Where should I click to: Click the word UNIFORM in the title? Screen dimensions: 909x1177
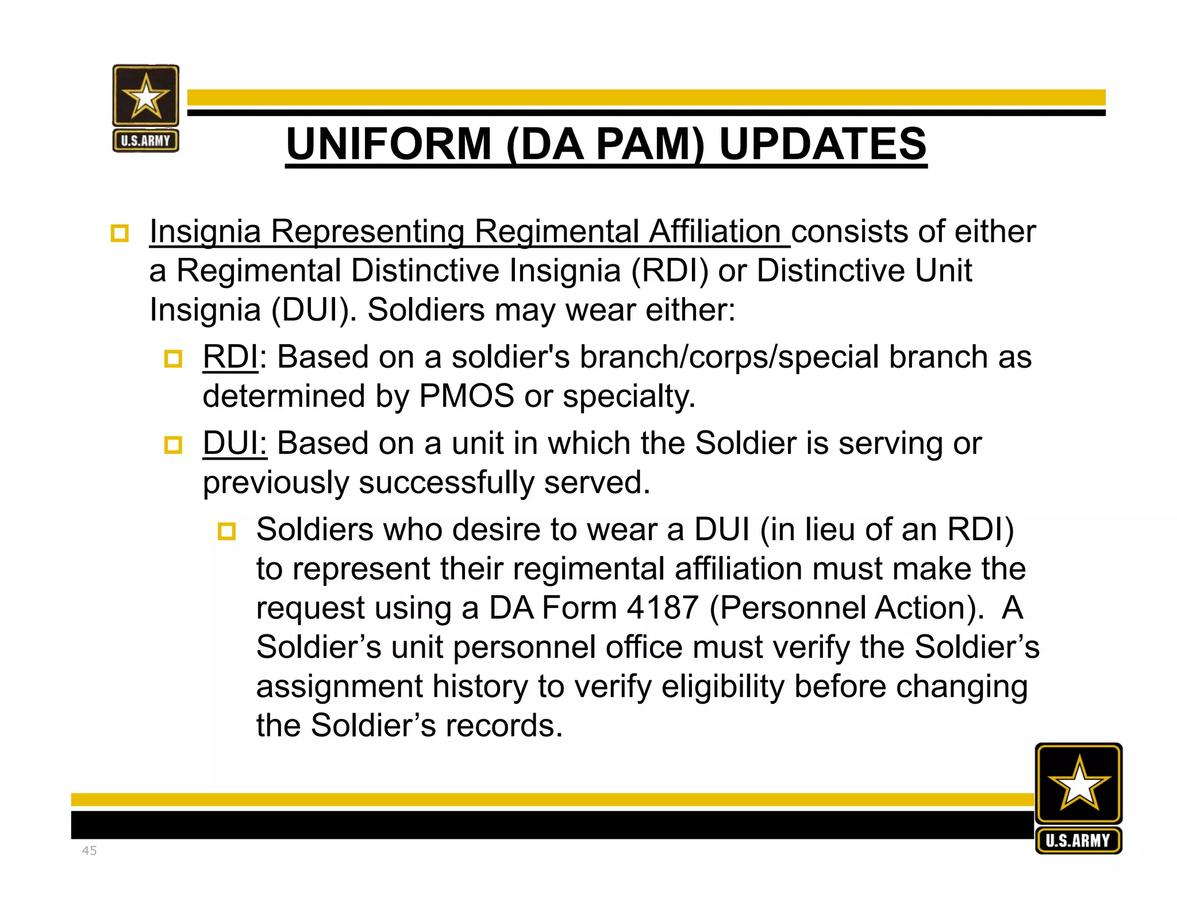tap(389, 144)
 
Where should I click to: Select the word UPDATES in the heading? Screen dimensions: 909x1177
tap(822, 144)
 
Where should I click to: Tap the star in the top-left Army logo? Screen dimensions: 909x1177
tap(145, 97)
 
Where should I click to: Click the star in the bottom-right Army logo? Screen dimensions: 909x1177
tap(1079, 783)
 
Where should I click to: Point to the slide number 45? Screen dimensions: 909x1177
tap(89, 850)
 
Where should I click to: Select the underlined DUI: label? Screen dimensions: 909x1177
tap(234, 444)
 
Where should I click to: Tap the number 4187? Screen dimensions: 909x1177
tap(662, 607)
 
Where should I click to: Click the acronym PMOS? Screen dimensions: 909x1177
tap(466, 396)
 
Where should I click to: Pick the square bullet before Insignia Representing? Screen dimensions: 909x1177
tap(120, 233)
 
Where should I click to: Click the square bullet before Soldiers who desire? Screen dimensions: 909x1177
tap(226, 531)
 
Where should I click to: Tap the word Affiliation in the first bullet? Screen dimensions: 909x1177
tap(715, 232)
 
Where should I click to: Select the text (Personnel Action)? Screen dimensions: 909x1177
tap(847, 607)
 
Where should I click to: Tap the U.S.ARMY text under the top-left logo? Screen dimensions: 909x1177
tap(145, 141)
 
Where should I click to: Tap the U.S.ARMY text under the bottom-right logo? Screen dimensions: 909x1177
tap(1078, 841)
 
